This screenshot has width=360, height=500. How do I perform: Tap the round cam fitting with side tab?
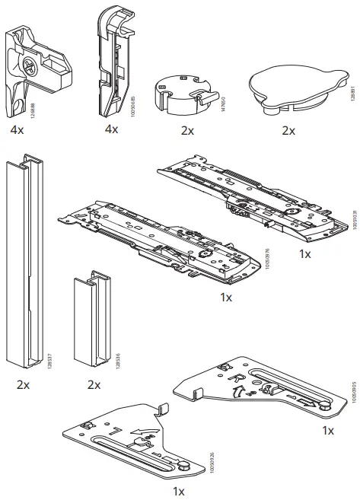click(180, 93)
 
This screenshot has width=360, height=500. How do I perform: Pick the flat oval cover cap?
click(288, 90)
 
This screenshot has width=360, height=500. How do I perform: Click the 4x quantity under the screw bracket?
click(18, 130)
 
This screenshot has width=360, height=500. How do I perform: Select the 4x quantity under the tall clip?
click(111, 129)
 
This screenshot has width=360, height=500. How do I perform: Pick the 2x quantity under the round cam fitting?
click(187, 130)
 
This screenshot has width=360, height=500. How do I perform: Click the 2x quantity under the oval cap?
click(288, 130)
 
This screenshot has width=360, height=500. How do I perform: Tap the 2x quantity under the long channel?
click(23, 384)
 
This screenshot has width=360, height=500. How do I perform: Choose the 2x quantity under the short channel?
click(94, 384)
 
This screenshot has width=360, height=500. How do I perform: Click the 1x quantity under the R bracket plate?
click(327, 431)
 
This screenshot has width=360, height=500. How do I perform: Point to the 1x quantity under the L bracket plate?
click(178, 491)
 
